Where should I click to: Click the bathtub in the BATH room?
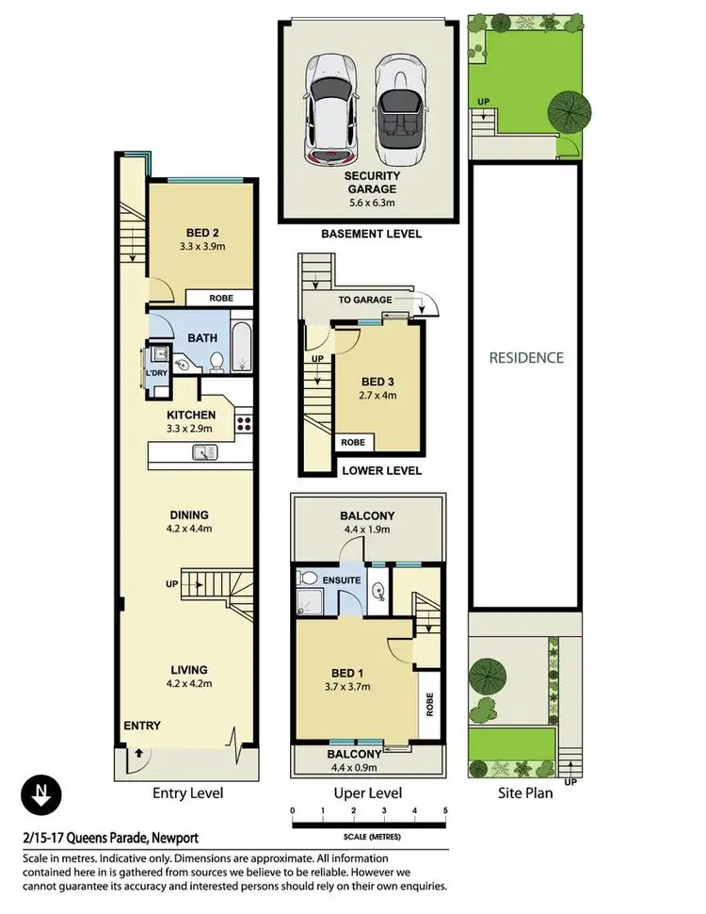pyautogui.click(x=240, y=347)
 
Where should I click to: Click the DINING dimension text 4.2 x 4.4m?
pyautogui.click(x=189, y=530)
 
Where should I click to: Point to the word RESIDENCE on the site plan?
pyautogui.click(x=526, y=357)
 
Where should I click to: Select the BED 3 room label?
pyautogui.click(x=379, y=382)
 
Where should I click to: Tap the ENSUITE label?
pyautogui.click(x=342, y=579)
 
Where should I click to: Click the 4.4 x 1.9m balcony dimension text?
pyautogui.click(x=366, y=530)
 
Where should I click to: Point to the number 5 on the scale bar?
pyautogui.click(x=444, y=809)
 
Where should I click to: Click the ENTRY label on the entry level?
pyautogui.click(x=141, y=726)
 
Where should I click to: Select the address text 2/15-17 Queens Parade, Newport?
pyautogui.click(x=109, y=837)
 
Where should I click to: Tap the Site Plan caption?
pyautogui.click(x=524, y=793)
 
